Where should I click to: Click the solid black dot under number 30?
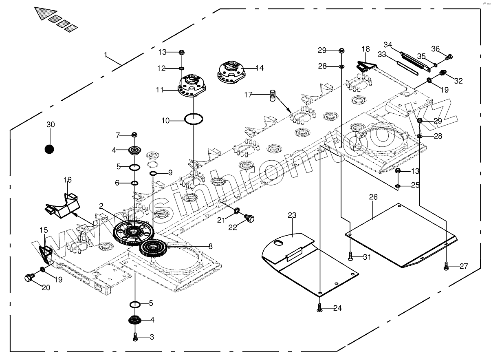click(49, 149)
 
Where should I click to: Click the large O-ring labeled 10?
click(194, 119)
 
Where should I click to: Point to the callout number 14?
click(259, 68)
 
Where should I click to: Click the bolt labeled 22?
click(249, 219)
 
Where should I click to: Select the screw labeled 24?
click(320, 308)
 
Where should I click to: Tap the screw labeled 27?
click(447, 267)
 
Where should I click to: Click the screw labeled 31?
click(350, 256)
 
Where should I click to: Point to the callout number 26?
click(373, 197)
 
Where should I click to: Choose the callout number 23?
click(292, 215)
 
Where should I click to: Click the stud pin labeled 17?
click(272, 97)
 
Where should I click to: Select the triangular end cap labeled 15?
click(46, 253)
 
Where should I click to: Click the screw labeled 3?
click(135, 337)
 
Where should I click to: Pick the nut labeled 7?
click(134, 135)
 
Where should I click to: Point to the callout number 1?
click(106, 54)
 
